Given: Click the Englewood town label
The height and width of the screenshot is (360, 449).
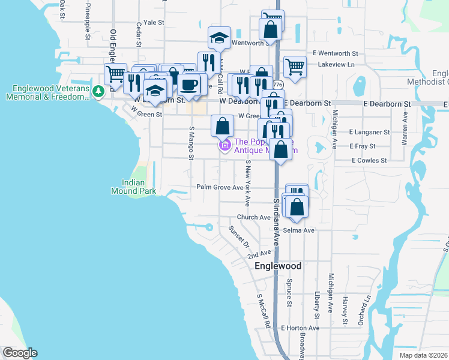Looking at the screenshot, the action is (x=277, y=266).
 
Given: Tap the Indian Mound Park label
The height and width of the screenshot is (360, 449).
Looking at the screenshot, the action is (x=134, y=187).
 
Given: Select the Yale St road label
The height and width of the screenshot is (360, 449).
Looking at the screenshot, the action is (x=154, y=22).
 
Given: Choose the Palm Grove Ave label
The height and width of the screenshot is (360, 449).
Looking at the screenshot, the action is (x=220, y=187).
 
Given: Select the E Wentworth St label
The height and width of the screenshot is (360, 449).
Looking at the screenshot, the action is (x=338, y=53).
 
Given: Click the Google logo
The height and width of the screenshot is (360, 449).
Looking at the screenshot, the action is (x=20, y=353).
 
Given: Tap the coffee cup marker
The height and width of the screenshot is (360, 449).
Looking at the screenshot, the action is (x=190, y=85).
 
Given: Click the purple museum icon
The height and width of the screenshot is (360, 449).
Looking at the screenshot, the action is (x=225, y=145).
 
